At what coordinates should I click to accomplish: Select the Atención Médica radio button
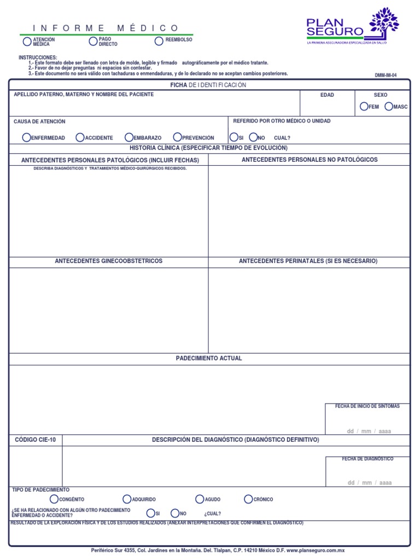[x=27, y=42]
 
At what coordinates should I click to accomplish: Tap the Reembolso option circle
[x=159, y=41]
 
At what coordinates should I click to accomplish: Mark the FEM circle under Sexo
[x=364, y=107]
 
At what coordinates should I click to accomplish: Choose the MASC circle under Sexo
[x=389, y=107]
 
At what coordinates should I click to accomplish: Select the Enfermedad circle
[x=26, y=137]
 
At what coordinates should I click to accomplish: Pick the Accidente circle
[x=80, y=137]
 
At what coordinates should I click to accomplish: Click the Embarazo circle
[x=129, y=137]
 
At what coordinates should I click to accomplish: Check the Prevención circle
[x=177, y=137]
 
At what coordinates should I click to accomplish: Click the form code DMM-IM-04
[x=386, y=75]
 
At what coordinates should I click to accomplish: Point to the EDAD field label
[x=327, y=95]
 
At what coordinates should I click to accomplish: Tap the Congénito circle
[x=54, y=499]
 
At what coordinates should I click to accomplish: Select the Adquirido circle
[x=127, y=499]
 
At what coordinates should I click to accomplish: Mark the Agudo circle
[x=200, y=499]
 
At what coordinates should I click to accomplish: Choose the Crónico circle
[x=249, y=499]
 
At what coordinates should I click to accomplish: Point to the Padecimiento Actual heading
[x=209, y=358]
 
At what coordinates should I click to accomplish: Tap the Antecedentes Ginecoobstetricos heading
[x=108, y=261]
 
